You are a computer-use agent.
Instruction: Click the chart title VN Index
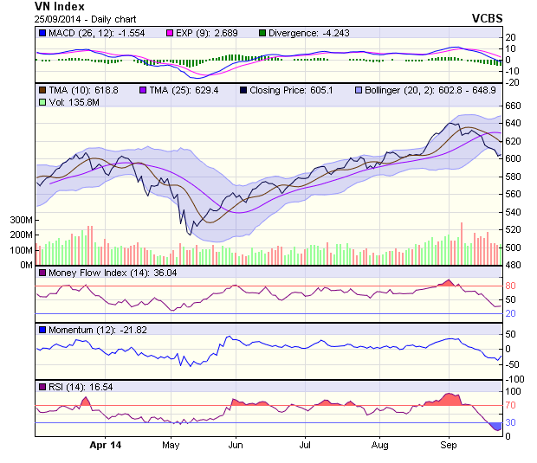[60, 6]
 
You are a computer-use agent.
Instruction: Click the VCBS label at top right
[487, 17]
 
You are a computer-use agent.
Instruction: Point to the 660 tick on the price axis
[514, 106]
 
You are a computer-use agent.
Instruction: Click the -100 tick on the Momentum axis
[516, 379]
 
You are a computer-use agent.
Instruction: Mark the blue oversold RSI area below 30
[495, 427]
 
